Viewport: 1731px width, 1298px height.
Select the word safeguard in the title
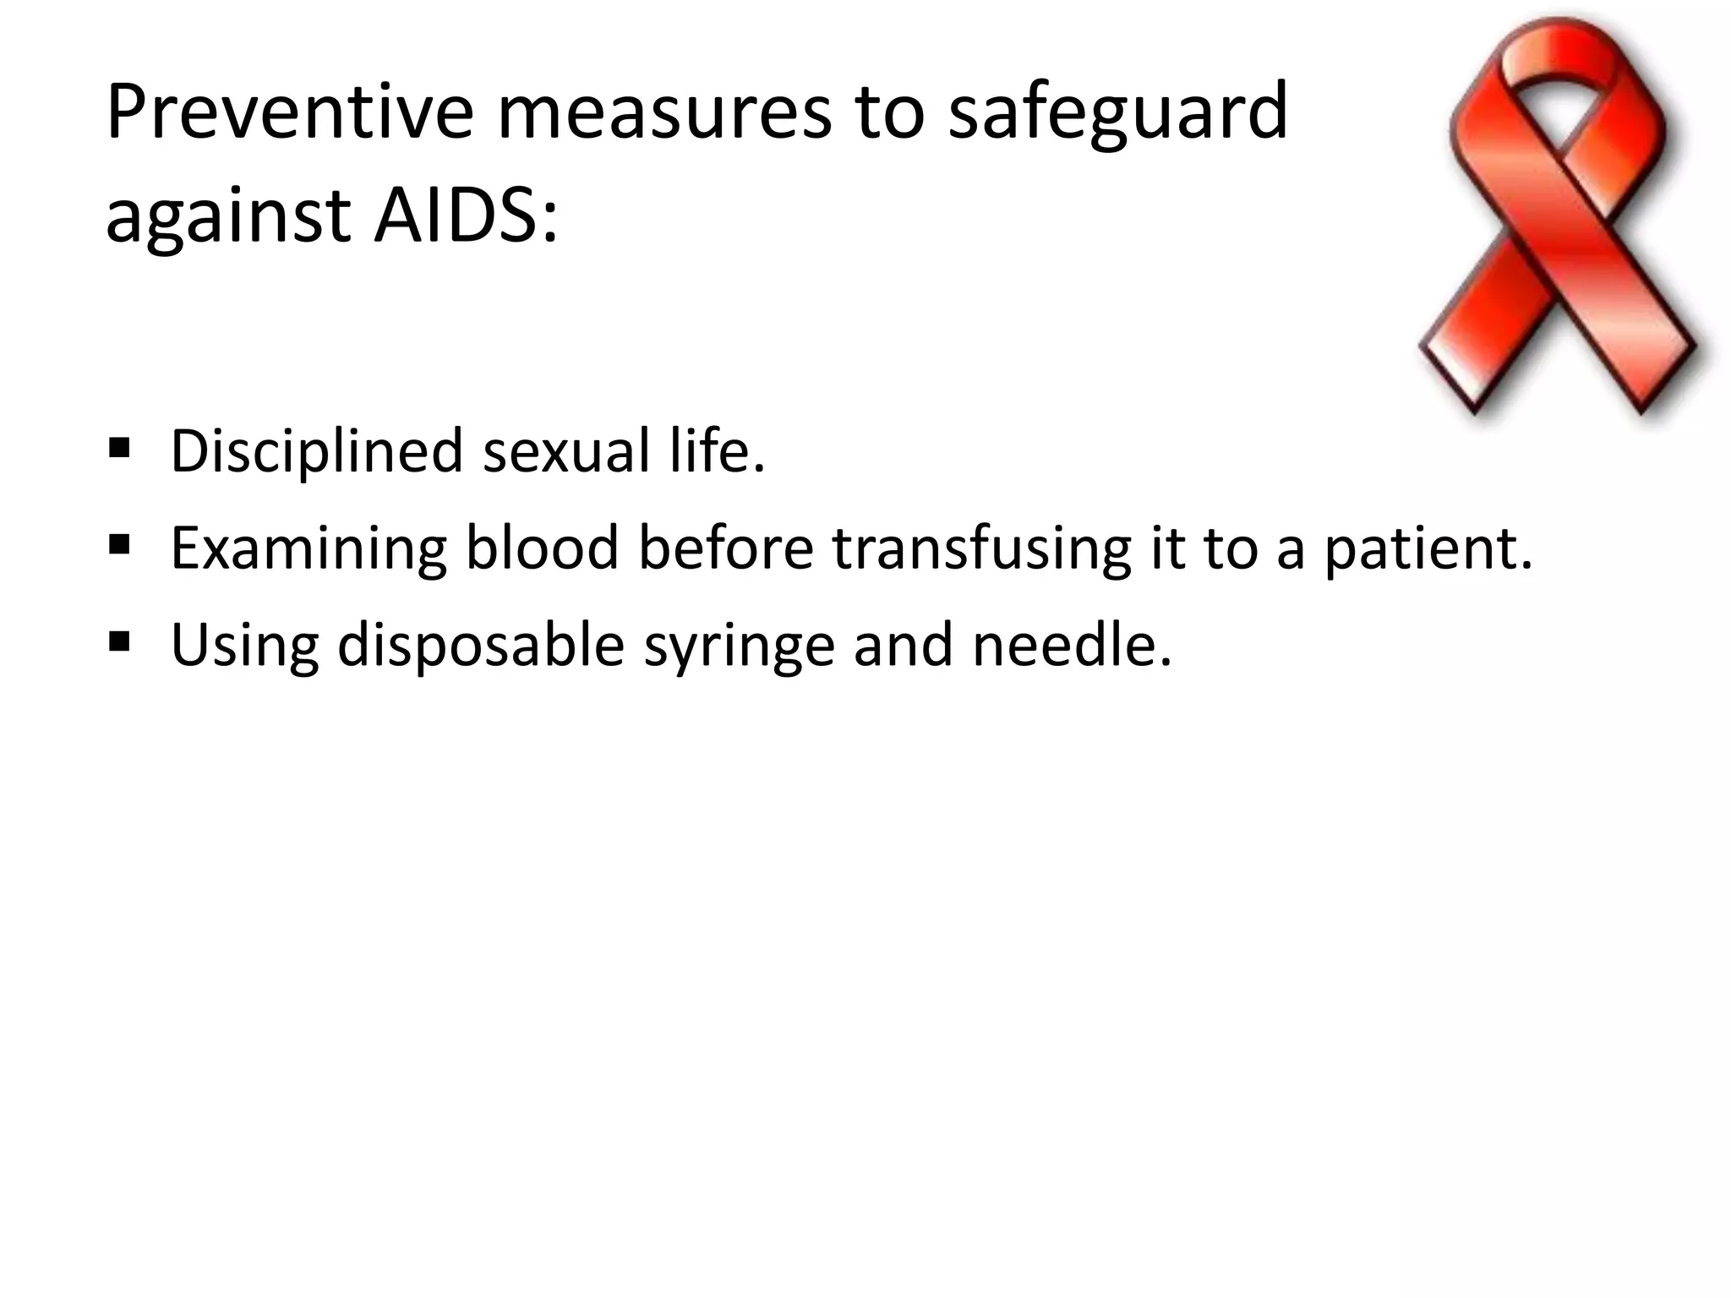pos(1117,114)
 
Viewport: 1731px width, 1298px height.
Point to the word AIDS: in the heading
pos(466,215)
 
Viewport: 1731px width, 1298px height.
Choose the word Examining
pos(309,549)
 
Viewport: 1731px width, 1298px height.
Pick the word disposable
pos(481,646)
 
